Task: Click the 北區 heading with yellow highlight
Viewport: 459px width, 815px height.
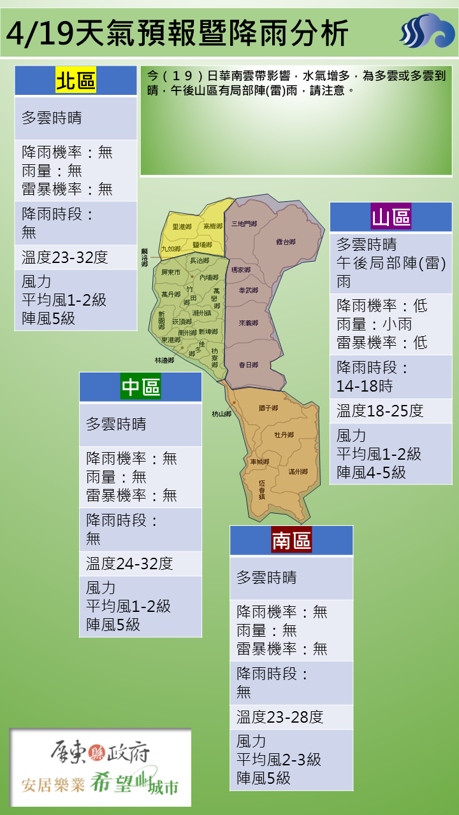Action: click(76, 81)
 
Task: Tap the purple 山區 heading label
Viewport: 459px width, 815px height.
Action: click(391, 217)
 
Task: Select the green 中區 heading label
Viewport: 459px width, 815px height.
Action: click(141, 387)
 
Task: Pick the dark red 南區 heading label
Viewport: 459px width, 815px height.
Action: click(291, 541)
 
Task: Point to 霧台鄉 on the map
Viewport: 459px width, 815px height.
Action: click(286, 242)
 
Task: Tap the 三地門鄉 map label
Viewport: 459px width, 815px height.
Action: click(244, 223)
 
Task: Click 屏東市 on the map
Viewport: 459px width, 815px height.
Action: click(171, 272)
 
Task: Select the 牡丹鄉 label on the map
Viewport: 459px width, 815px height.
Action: click(284, 434)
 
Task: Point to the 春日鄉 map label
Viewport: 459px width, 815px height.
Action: click(248, 365)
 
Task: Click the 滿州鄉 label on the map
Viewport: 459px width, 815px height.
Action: click(298, 472)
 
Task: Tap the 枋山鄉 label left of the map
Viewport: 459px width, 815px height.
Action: click(221, 414)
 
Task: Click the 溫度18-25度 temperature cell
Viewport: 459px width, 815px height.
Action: click(380, 411)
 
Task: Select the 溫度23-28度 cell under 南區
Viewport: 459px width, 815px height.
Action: click(280, 718)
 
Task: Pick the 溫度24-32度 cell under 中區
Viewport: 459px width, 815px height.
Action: click(129, 563)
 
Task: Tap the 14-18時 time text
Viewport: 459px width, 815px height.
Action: click(365, 386)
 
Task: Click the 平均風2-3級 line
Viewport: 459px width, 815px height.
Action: click(279, 760)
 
